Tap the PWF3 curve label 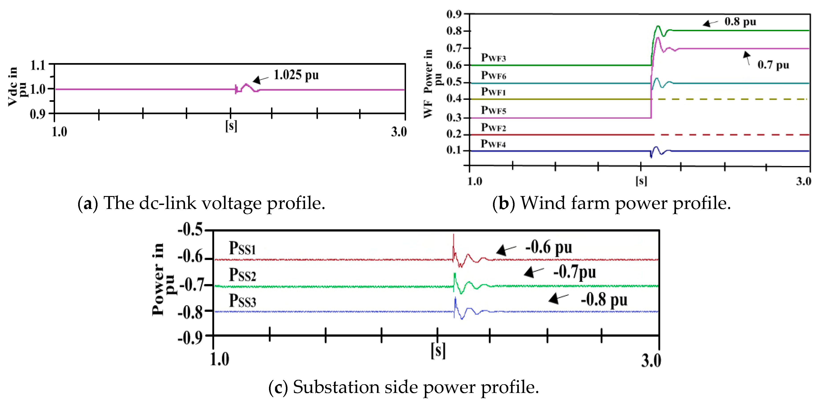(x=493, y=58)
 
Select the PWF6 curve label (x=493, y=75)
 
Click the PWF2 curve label (x=493, y=127)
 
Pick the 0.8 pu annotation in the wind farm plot (x=740, y=22)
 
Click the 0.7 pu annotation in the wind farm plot (x=773, y=65)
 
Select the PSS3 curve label (x=242, y=301)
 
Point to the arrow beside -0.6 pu (x=506, y=250)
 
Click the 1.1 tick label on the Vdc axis (x=38, y=66)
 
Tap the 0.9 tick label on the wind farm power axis (x=454, y=14)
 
